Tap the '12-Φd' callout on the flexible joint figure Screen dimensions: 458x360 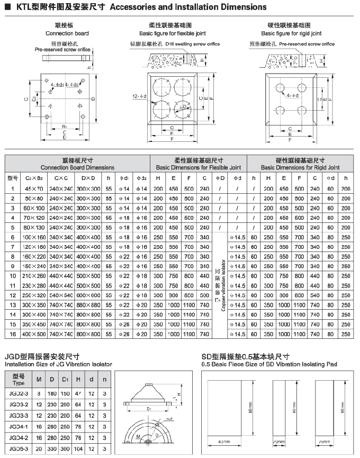click(139, 96)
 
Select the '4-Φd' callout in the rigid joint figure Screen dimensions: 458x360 click(293, 96)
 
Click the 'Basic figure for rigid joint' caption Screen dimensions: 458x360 click(295, 33)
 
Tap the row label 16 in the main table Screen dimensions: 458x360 click(13, 334)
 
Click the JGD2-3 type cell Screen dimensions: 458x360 click(19, 393)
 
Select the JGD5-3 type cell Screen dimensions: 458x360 click(19, 449)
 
